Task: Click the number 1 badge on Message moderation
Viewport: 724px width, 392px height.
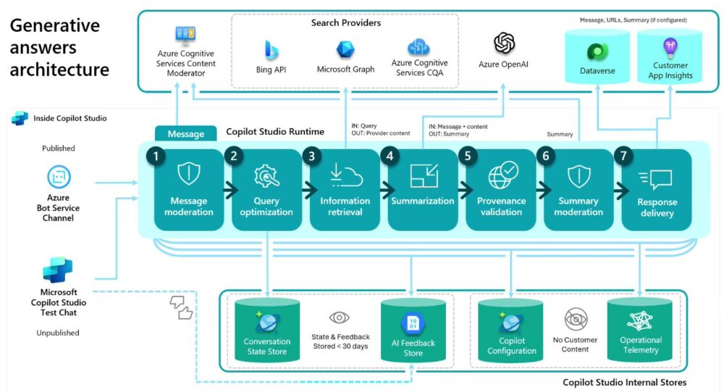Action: coord(154,156)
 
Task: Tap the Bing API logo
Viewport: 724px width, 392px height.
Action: coord(271,49)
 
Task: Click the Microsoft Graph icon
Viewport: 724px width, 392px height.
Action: coord(345,49)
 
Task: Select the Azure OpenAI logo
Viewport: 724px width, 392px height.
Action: coord(504,43)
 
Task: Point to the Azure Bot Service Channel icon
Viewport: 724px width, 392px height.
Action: coord(58,177)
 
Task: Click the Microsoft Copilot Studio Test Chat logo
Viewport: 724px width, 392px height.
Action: coord(58,270)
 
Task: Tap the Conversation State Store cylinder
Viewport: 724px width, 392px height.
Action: coord(267,330)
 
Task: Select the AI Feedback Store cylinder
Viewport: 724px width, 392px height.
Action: coord(413,330)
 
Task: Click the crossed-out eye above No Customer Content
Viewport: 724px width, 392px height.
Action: coord(576,318)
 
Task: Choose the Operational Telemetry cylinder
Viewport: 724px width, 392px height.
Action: coord(641,330)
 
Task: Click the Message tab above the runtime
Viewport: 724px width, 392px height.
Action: coord(185,134)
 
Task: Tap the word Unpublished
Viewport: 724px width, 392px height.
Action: coord(58,333)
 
